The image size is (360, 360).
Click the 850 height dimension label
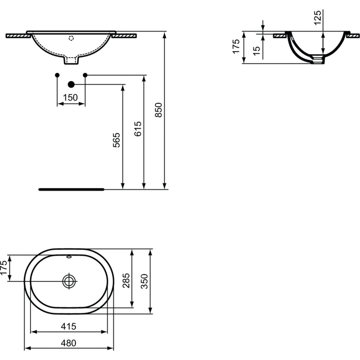click(158, 110)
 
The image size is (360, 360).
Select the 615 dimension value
click(138, 129)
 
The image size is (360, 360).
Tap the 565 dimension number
click(117, 140)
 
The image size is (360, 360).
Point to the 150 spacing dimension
click(70, 98)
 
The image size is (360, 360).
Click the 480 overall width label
click(68, 343)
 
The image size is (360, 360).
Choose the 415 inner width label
click(68, 326)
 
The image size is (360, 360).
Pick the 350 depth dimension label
click(144, 281)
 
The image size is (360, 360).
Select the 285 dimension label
click(126, 280)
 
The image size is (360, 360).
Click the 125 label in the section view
click(318, 18)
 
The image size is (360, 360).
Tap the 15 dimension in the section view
click(256, 50)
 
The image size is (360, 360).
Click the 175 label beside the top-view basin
click(4, 267)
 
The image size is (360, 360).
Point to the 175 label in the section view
click(236, 46)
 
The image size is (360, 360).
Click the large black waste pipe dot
click(71, 85)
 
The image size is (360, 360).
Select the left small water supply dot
click(57, 75)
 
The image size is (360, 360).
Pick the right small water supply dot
click(85, 75)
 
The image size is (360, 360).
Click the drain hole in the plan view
click(69, 281)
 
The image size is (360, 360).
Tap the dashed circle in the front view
click(71, 39)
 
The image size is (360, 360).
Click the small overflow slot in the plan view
click(69, 257)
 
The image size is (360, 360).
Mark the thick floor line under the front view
click(71, 189)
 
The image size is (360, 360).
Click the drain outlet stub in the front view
click(71, 60)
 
